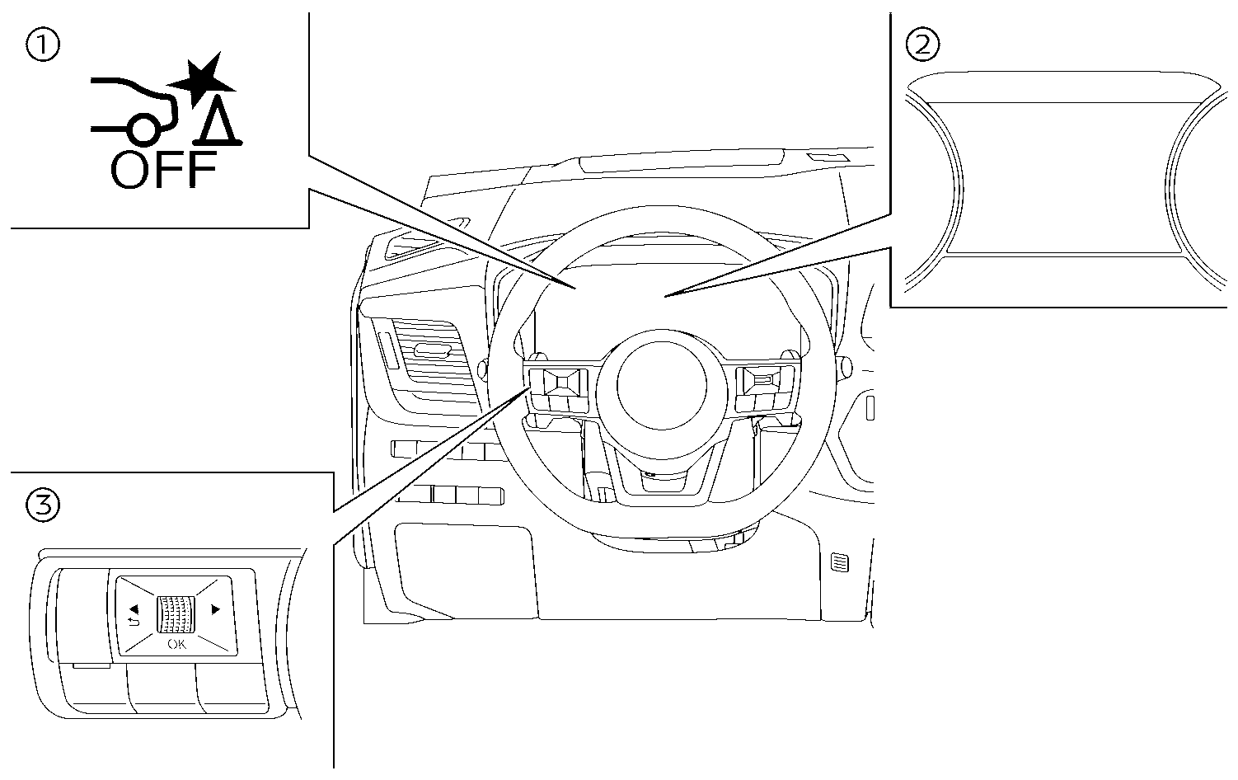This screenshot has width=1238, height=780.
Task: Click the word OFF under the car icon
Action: coord(163,171)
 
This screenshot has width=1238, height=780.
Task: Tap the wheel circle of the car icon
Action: coord(141,129)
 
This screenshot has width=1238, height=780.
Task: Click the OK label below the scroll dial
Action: coord(177,644)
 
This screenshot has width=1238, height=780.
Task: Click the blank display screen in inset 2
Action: coord(1063,175)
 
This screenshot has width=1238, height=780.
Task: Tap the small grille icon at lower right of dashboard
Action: coord(841,564)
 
